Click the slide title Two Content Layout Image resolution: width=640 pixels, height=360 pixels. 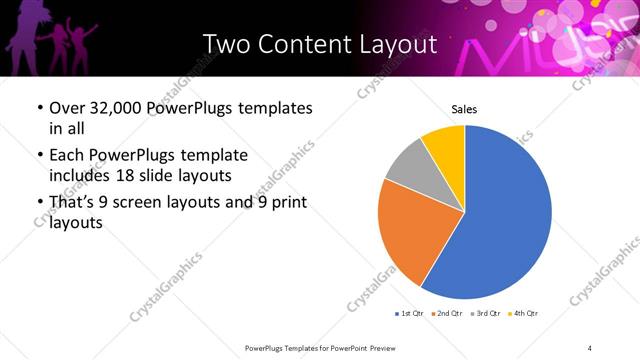coord(319,44)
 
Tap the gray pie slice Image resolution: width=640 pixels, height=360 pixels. coord(411,168)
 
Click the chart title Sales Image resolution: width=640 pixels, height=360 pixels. coord(465,108)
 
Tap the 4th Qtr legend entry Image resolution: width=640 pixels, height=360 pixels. coord(524,313)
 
